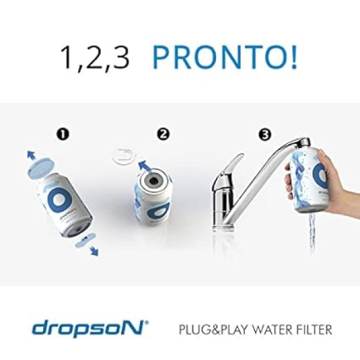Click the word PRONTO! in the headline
225,57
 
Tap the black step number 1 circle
63,134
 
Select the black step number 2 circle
163,134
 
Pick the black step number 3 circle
265,134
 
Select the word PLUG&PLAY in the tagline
213,329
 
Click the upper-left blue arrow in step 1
31,155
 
